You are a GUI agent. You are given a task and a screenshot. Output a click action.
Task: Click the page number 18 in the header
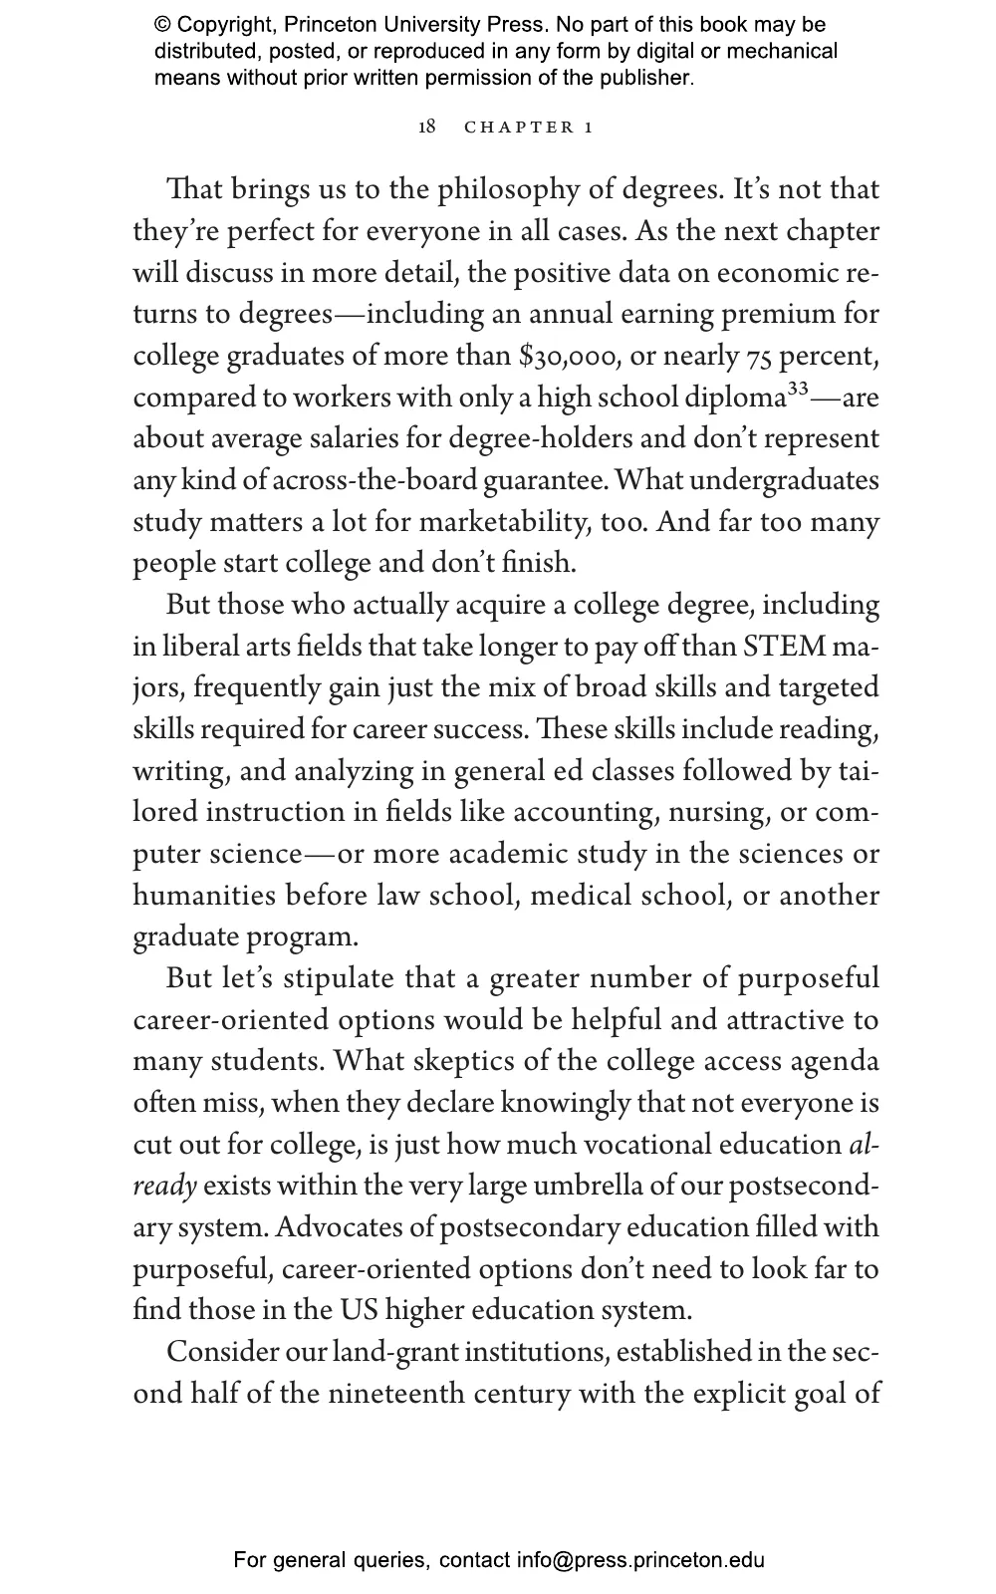pos(426,127)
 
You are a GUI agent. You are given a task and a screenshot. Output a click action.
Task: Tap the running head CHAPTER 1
pos(529,128)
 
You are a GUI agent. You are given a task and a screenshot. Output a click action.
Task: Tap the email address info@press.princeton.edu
pos(640,1560)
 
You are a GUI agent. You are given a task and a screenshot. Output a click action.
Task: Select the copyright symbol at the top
pos(161,25)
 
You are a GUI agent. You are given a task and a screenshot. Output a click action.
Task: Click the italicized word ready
pos(164,1187)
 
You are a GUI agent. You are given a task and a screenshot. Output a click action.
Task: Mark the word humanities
pos(205,896)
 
